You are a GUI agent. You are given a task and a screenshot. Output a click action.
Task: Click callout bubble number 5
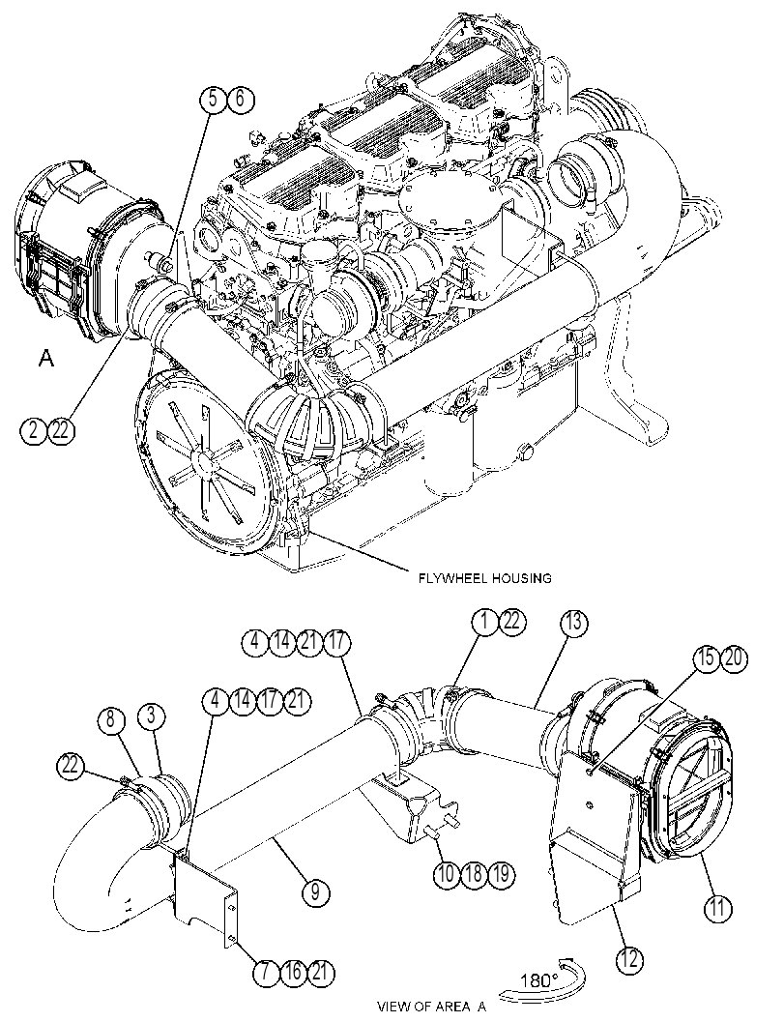click(x=213, y=100)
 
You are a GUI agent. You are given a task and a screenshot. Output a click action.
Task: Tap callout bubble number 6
click(x=239, y=100)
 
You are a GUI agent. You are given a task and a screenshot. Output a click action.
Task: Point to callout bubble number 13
click(x=573, y=623)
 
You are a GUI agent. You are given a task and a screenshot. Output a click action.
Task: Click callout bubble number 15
click(x=707, y=659)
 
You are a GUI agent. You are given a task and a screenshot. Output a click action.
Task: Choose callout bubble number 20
click(x=733, y=659)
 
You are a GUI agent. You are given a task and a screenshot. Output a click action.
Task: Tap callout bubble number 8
click(x=111, y=720)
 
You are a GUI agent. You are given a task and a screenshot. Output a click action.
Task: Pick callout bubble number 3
click(x=151, y=716)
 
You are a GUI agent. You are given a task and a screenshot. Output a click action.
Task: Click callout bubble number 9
click(x=316, y=891)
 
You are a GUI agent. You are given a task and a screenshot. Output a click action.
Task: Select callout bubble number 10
click(x=447, y=873)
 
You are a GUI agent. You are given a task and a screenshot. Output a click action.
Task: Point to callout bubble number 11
click(x=717, y=909)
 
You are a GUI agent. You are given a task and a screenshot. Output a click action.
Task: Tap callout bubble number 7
click(x=267, y=973)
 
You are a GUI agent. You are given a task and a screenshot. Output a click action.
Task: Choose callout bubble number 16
click(x=294, y=973)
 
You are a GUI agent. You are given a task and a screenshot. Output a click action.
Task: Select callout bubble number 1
click(x=485, y=623)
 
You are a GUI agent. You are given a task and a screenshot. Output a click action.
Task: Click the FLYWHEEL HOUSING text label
click(x=485, y=578)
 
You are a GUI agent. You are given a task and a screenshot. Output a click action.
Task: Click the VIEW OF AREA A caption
click(x=432, y=1007)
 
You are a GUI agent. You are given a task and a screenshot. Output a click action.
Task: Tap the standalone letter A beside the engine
click(x=45, y=358)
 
